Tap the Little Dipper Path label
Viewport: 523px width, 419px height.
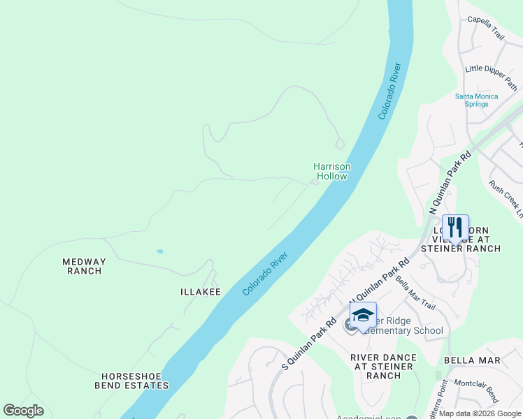[x=491, y=68]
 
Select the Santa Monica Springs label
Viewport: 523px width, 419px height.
[x=476, y=100]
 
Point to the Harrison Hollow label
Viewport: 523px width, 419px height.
[x=331, y=171]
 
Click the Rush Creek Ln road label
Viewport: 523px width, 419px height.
[x=506, y=198]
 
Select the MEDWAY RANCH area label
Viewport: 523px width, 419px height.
[x=84, y=266]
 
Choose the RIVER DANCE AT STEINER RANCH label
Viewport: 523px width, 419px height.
[x=383, y=367]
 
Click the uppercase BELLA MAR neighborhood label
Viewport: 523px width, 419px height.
[x=472, y=360]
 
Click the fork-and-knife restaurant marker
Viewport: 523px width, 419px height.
[x=455, y=228]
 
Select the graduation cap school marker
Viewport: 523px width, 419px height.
[x=363, y=315]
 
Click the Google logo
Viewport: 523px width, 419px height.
[x=23, y=411]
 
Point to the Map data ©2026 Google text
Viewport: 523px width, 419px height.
[x=480, y=413]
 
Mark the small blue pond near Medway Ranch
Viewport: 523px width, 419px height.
[x=160, y=251]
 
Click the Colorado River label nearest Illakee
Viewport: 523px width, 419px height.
[x=266, y=274]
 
